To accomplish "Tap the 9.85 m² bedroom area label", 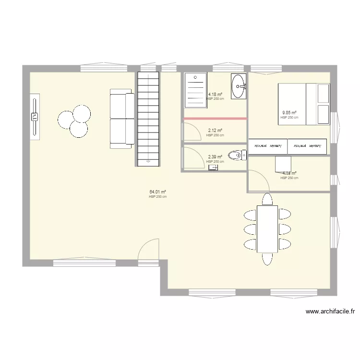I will pyautogui.click(x=289, y=113).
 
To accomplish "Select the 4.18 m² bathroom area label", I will pyautogui.click(x=215, y=95).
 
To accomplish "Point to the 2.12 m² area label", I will pyautogui.click(x=215, y=131).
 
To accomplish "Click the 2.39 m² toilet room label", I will pyautogui.click(x=215, y=157).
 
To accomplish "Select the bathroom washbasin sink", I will pyautogui.click(x=239, y=86).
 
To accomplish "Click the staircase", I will pyautogui.click(x=148, y=118).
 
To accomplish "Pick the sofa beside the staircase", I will pyautogui.click(x=122, y=118).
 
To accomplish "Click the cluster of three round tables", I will pyautogui.click(x=74, y=121).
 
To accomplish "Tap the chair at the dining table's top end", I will pyautogui.click(x=267, y=199).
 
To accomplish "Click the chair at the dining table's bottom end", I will pyautogui.click(x=267, y=259).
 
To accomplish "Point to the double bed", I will pyautogui.click(x=304, y=104).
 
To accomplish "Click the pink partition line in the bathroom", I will pyautogui.click(x=215, y=119).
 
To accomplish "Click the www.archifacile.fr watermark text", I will pyautogui.click(x=330, y=312).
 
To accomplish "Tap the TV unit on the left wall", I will pyautogui.click(x=35, y=117).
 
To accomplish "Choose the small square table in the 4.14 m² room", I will pyautogui.click(x=283, y=164).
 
